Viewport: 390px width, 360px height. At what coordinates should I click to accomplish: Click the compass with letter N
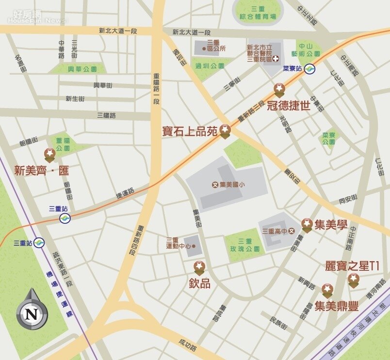[32, 311]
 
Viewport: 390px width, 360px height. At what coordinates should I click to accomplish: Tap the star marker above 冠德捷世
[279, 89]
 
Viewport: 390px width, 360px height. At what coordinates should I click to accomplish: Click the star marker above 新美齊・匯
[49, 155]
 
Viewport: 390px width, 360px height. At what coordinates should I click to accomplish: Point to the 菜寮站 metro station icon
[309, 69]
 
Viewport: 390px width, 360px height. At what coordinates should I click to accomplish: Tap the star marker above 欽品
[199, 267]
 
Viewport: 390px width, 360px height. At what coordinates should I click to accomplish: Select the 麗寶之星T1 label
[352, 266]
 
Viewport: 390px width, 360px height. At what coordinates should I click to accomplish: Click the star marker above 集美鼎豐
[328, 291]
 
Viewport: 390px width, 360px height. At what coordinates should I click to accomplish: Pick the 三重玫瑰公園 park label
[245, 245]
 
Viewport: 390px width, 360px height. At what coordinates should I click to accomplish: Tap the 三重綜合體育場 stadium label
[260, 13]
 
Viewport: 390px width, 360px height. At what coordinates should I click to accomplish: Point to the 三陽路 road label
[106, 115]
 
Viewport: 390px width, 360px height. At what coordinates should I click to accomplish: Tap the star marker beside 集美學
[307, 224]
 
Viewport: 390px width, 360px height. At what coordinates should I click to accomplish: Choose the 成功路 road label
[187, 345]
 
